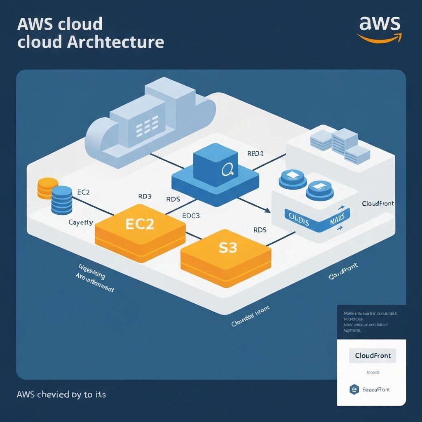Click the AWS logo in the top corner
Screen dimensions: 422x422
[379, 29]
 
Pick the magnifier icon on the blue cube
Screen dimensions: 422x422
[227, 169]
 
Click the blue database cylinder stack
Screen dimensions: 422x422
[62, 199]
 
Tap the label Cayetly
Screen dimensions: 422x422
[81, 223]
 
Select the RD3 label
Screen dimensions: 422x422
[144, 197]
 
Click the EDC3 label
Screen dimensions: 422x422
[191, 216]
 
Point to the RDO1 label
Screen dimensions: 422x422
[255, 153]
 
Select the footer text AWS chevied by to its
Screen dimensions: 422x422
[61, 394]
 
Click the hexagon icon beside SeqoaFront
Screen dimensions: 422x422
[353, 389]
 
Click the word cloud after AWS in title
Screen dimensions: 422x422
[80, 24]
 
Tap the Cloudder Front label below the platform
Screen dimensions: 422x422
[251, 317]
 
